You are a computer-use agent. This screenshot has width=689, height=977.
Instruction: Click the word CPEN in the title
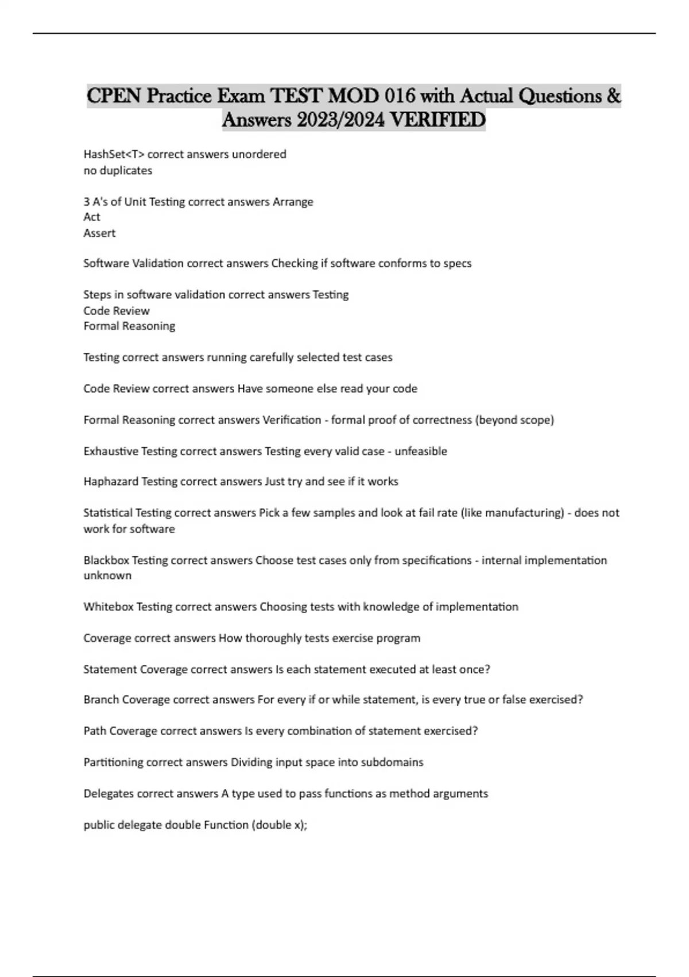click(x=114, y=95)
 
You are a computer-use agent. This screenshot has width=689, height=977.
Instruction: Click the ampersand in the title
click(x=613, y=95)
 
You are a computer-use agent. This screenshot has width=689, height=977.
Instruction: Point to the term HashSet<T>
click(x=113, y=154)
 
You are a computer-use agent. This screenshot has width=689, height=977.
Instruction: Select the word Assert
click(x=99, y=233)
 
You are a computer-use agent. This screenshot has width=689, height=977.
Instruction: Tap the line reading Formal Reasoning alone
click(x=129, y=326)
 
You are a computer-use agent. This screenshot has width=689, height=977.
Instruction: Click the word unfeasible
click(x=420, y=451)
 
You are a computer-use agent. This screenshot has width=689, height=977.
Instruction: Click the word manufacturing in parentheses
click(x=524, y=513)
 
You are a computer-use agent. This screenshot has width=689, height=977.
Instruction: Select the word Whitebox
click(x=109, y=607)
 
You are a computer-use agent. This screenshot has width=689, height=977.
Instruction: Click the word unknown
click(x=107, y=575)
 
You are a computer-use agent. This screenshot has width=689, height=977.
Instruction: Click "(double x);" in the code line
click(x=280, y=825)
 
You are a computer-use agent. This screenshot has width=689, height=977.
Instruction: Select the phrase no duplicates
click(x=118, y=171)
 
